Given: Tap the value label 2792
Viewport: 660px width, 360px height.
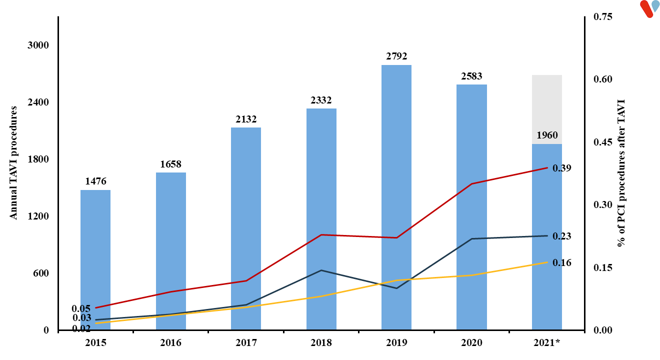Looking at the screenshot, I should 396,56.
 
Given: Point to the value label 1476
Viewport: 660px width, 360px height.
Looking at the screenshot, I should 95,181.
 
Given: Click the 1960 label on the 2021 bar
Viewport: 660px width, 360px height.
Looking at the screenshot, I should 547,135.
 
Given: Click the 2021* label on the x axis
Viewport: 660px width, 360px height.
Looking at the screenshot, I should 547,342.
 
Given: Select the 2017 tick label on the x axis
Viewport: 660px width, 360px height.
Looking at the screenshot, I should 246,342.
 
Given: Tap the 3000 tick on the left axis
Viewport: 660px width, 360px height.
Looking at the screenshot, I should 38,45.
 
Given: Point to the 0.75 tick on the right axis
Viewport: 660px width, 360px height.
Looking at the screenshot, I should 602,17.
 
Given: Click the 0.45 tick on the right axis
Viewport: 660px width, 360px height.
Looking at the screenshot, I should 602,142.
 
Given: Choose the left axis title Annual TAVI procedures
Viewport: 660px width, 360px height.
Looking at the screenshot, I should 14,162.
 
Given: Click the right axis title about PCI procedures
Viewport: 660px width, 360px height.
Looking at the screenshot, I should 621,172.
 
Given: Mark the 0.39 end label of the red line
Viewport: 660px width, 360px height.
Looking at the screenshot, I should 562,168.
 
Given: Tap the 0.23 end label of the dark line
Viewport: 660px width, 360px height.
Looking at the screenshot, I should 562,236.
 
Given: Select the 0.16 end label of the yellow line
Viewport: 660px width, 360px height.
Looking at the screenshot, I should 562,262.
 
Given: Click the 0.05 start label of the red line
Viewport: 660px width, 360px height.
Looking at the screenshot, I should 81,308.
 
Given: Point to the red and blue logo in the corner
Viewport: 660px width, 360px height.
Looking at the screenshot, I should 650,8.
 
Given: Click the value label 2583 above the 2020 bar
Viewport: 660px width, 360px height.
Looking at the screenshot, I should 471,76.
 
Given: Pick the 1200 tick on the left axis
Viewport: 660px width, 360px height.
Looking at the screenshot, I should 38,216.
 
